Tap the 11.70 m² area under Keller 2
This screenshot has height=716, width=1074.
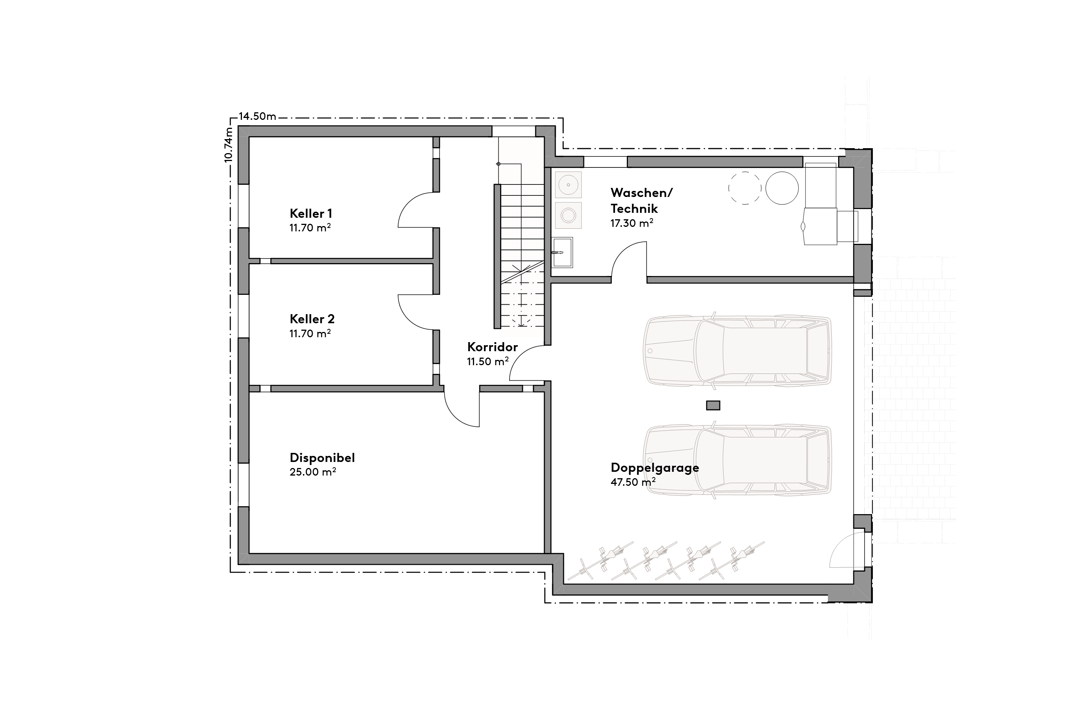pos(310,333)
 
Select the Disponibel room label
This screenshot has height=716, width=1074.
pos(322,457)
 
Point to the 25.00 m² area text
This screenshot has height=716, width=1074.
pos(313,472)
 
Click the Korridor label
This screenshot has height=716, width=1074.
pos(492,347)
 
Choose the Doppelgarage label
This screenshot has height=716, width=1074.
pos(655,468)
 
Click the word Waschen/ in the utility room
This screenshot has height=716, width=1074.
pos(642,192)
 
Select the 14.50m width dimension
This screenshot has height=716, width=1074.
pos(257,116)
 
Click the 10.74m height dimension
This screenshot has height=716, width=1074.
pos(229,145)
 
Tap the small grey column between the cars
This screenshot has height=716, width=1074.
pos(713,405)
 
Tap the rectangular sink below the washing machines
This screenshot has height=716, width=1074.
pos(562,252)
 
